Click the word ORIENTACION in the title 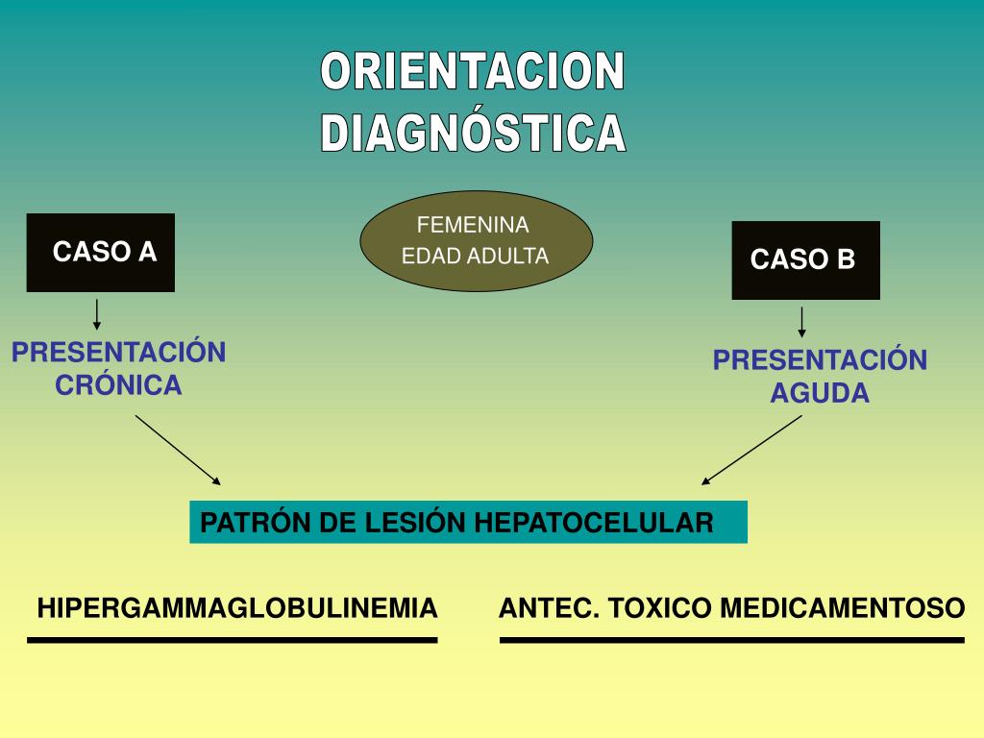pyautogui.click(x=473, y=73)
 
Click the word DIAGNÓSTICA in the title pyautogui.click(x=473, y=134)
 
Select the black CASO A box pyautogui.click(x=101, y=253)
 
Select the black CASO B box pyautogui.click(x=805, y=259)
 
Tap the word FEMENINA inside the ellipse pyautogui.click(x=473, y=225)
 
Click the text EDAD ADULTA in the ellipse pyautogui.click(x=475, y=257)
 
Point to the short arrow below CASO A pyautogui.click(x=97, y=314)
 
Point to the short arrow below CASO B pyautogui.click(x=801, y=322)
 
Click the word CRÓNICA pyautogui.click(x=118, y=385)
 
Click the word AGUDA pyautogui.click(x=820, y=393)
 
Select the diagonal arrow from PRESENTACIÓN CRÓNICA pyautogui.click(x=178, y=450)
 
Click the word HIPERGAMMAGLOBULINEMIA pyautogui.click(x=237, y=608)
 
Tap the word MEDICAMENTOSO pyautogui.click(x=842, y=608)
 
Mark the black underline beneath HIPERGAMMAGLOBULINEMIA pyautogui.click(x=233, y=639)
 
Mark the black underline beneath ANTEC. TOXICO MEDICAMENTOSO pyautogui.click(x=732, y=639)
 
